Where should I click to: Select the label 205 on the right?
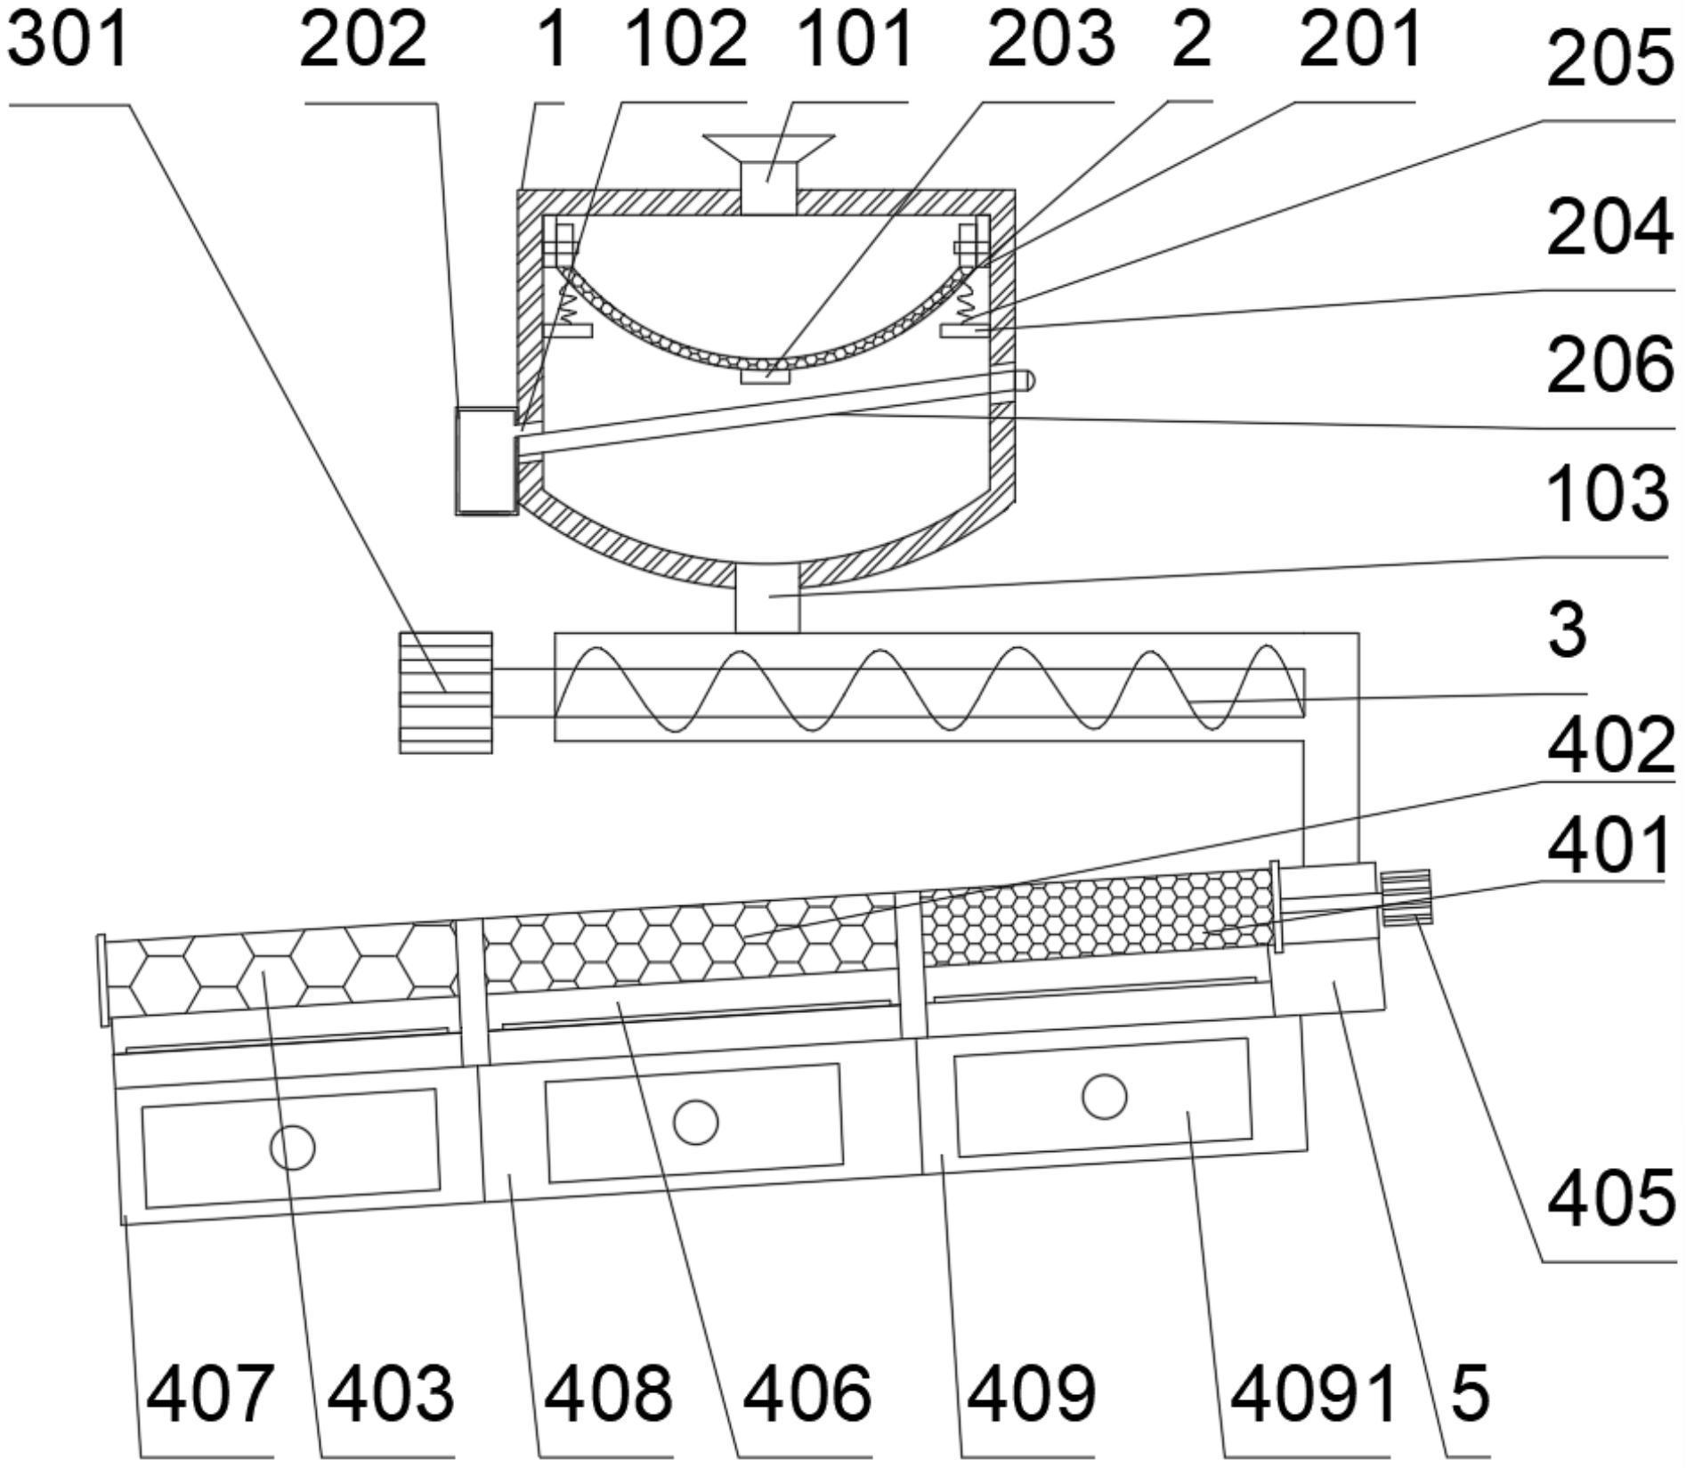(x=1610, y=59)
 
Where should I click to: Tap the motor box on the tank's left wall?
(x=486, y=461)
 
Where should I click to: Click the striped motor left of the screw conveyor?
(x=446, y=693)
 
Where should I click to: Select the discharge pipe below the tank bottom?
(x=767, y=597)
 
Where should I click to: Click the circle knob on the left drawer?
(x=292, y=1148)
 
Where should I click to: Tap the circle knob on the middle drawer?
(x=695, y=1122)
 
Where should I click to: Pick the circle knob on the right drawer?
(x=1104, y=1096)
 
